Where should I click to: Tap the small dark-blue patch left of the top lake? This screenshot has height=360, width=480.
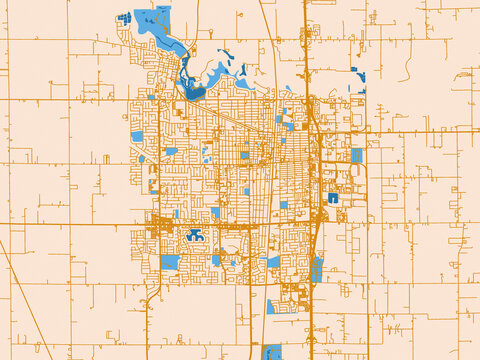pos(126,17)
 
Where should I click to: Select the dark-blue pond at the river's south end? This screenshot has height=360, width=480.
pos(194,93)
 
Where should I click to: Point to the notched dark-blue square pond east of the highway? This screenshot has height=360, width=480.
pos(331,198)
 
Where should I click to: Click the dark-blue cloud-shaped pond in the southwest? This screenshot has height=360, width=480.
pos(193,238)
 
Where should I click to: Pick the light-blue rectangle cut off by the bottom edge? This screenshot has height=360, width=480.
pos(271,352)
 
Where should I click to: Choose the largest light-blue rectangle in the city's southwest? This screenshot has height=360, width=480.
pos(170,263)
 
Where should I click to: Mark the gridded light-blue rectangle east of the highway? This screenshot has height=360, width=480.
pos(356,156)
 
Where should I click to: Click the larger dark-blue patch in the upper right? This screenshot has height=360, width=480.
pos(359,75)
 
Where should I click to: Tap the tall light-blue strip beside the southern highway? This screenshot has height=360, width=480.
pos(317,269)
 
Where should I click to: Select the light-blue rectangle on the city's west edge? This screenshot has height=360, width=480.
pos(136,136)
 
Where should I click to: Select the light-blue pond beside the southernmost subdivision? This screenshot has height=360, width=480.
pos(271,305)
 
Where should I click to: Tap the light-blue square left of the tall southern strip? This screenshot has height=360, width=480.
pos(274,262)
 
